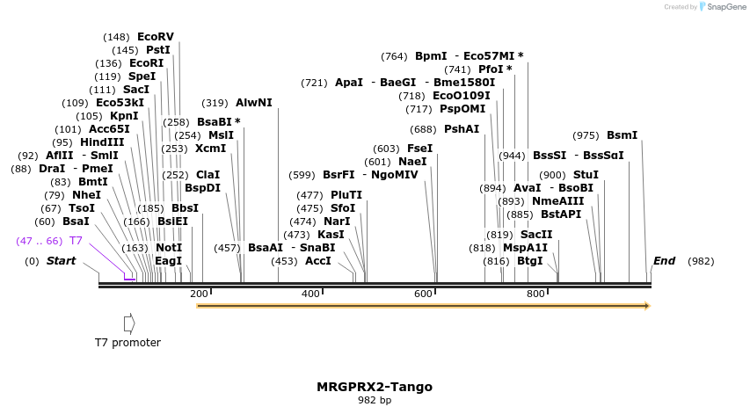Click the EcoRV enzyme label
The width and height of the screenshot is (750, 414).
coord(156,37)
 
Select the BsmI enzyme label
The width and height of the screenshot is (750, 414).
coord(622,135)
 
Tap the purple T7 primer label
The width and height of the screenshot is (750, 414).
coord(76,241)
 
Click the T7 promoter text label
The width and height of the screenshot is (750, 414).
coord(128,342)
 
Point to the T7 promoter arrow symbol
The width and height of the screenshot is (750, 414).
coord(129,323)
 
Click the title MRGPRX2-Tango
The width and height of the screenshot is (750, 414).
coord(375,387)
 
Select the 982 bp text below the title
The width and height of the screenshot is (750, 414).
coord(375,401)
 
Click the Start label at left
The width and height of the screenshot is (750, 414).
coord(61,261)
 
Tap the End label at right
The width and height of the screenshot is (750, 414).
coord(665,261)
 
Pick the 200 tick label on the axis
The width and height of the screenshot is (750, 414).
coord(199,294)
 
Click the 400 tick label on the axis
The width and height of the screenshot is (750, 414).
coord(311,294)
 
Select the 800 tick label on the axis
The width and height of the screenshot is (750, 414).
coord(535,294)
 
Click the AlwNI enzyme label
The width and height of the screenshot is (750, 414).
coord(254,103)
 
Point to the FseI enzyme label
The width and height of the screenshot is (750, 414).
coord(419,149)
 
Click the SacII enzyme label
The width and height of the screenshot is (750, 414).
coord(536,235)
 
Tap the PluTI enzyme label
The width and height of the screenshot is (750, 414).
coord(346,195)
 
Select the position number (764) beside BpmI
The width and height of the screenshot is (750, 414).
coord(394,56)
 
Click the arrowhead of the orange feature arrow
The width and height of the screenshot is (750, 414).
coord(647,306)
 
